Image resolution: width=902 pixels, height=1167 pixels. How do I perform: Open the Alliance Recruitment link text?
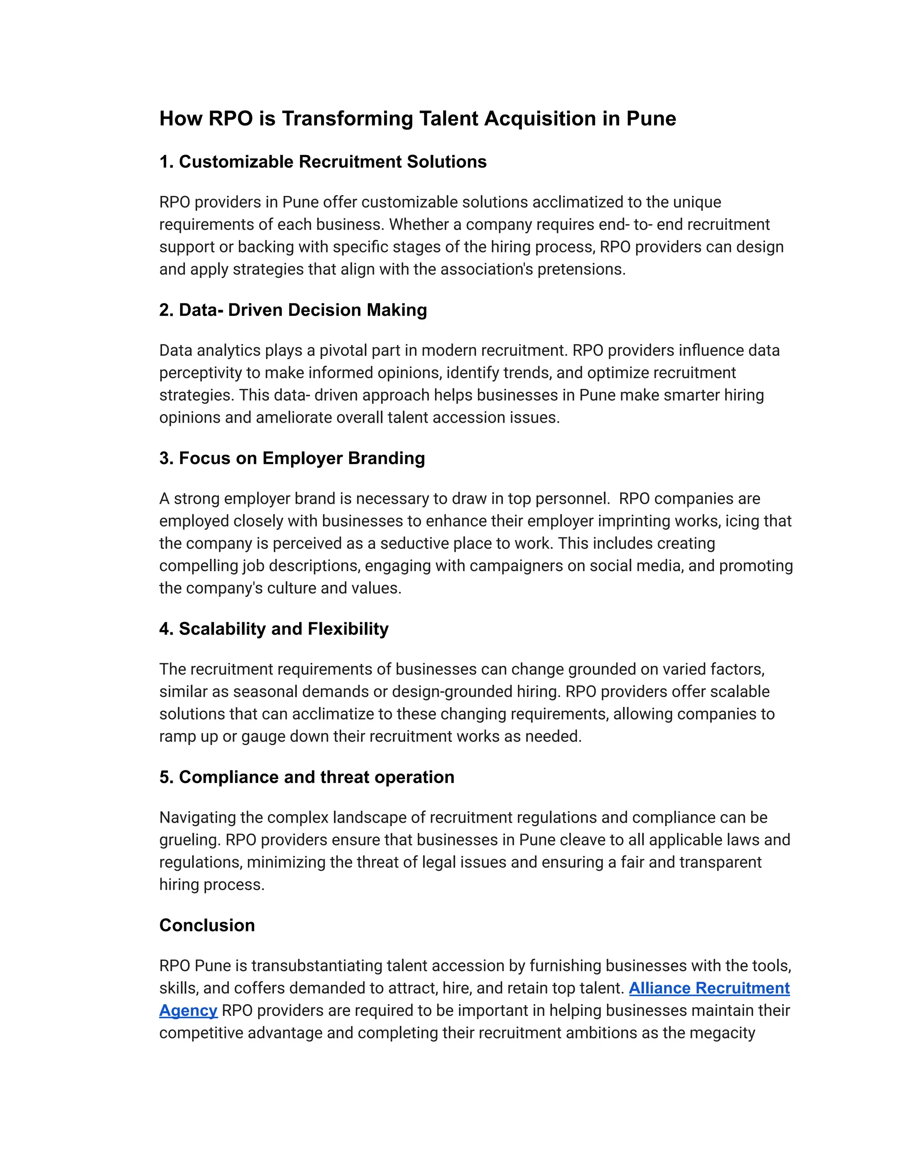tap(709, 988)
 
